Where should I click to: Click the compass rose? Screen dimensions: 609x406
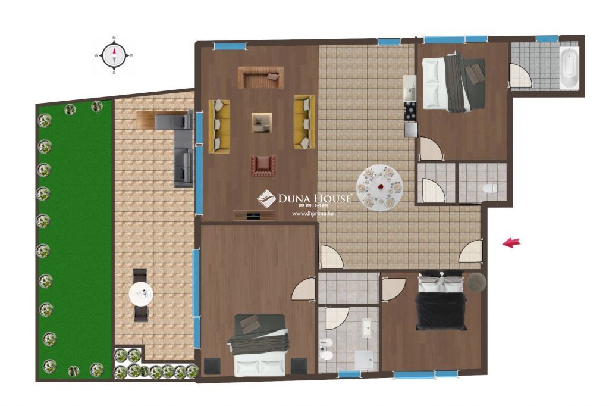114,55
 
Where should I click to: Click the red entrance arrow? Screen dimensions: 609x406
511,243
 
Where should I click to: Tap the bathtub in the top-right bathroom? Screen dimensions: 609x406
569,67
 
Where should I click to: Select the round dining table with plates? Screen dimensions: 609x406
379,188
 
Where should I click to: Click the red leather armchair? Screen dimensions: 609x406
263,165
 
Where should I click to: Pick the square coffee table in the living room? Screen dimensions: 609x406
262,123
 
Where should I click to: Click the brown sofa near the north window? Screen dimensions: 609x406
260,77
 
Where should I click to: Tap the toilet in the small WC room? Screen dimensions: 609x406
490,188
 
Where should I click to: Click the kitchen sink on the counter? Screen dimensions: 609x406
409,88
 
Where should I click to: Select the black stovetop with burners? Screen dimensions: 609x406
410,111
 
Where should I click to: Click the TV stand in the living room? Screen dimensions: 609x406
254,216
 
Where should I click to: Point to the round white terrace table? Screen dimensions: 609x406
140,294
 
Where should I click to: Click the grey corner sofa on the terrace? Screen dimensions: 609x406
174,144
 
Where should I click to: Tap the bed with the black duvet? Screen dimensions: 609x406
441,300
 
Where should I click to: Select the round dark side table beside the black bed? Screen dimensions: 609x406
476,282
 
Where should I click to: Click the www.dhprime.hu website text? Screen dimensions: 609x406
313,213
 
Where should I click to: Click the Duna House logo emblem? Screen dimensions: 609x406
266,198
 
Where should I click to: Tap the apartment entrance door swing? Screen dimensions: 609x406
471,251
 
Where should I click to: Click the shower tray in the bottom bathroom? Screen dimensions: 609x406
365,361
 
